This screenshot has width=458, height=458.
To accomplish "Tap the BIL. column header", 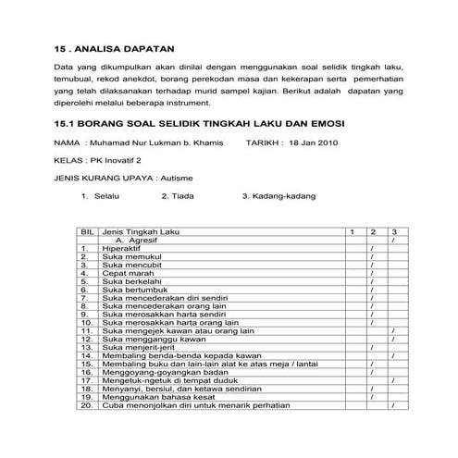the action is click(x=87, y=230).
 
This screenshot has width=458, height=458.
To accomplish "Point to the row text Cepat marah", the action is click(x=129, y=274).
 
